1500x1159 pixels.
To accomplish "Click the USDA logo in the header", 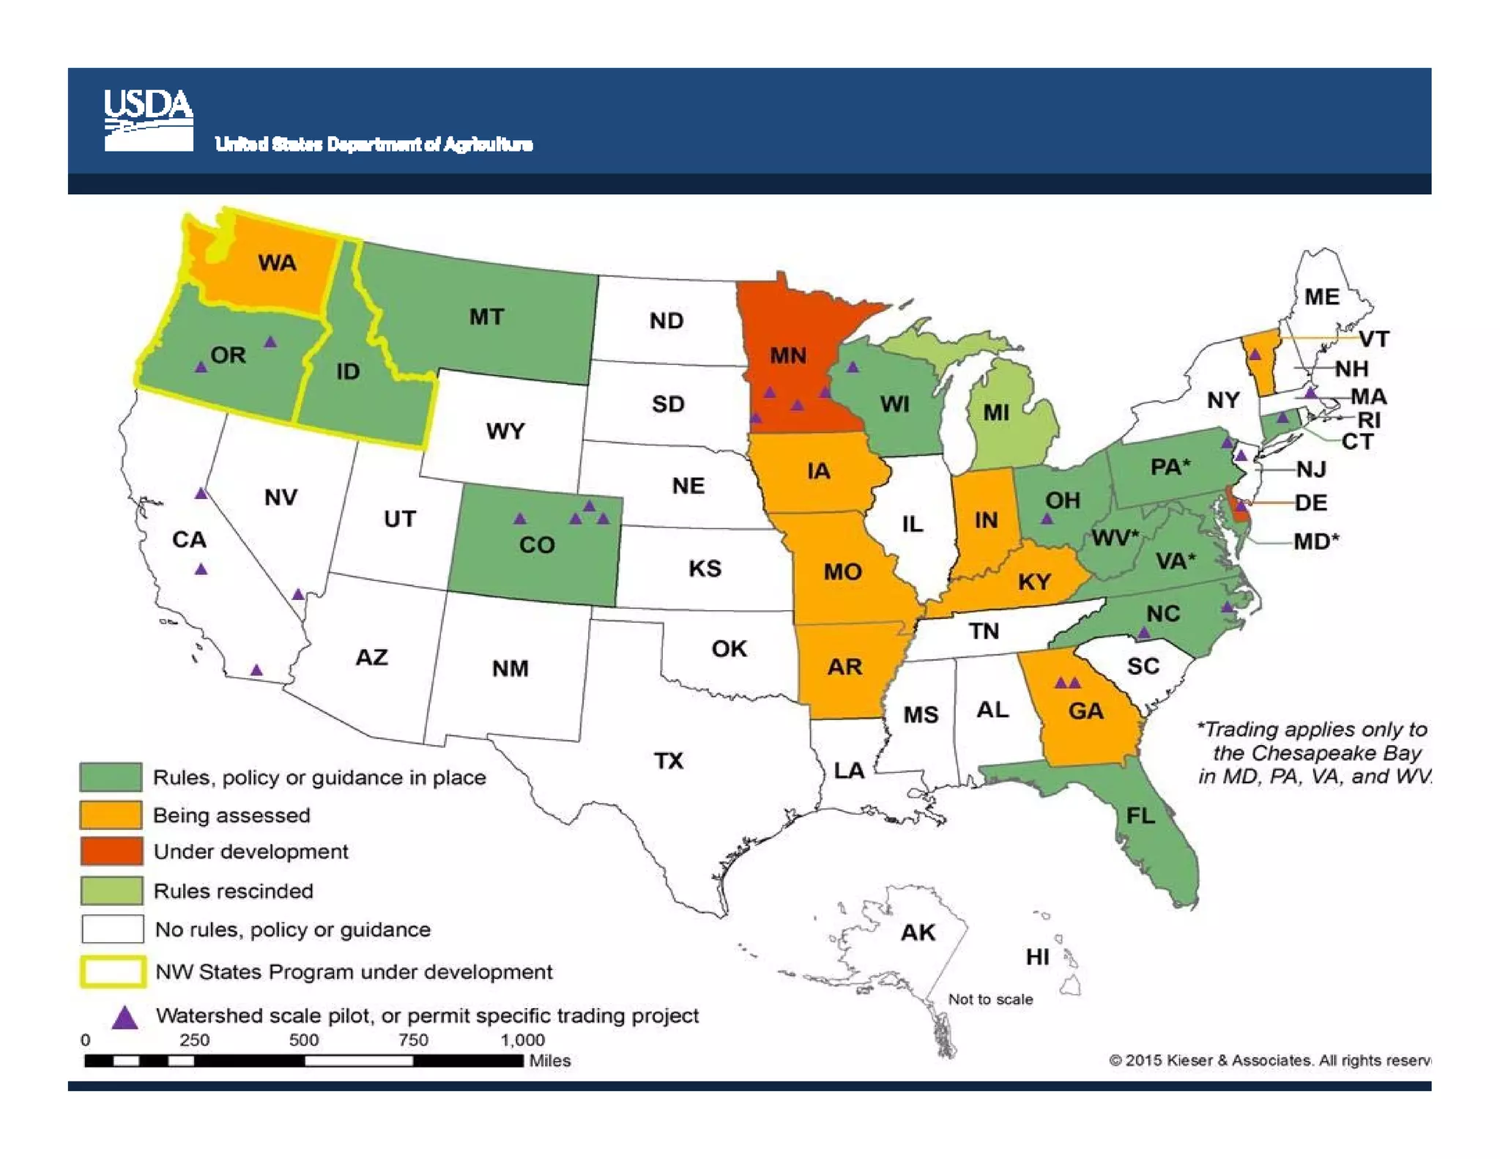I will point(148,120).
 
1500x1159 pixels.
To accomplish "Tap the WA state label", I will point(277,263).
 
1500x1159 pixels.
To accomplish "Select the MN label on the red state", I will point(787,356).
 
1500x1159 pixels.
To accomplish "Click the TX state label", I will point(669,761).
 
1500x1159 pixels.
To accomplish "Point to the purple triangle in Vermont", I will point(1255,355).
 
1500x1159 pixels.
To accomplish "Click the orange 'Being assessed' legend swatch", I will point(111,815).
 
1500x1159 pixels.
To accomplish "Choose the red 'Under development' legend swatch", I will point(111,851).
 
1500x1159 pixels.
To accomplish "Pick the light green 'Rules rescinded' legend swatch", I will point(111,891).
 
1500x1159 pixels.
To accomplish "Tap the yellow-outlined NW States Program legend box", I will point(112,972).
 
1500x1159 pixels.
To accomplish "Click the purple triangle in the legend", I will point(125,1018).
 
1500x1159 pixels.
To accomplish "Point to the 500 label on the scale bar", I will point(303,1040).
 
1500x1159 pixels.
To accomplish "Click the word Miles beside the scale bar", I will point(549,1061).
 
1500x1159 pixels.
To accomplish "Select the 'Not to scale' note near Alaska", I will point(990,999).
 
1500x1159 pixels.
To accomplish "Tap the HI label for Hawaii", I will point(1037,957).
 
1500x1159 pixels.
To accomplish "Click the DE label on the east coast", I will point(1310,503).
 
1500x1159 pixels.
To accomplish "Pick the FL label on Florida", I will point(1140,815).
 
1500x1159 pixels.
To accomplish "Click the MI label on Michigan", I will point(996,413).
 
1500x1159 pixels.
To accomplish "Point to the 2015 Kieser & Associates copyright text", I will point(1269,1060).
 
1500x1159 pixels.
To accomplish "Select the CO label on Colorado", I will point(537,545).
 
